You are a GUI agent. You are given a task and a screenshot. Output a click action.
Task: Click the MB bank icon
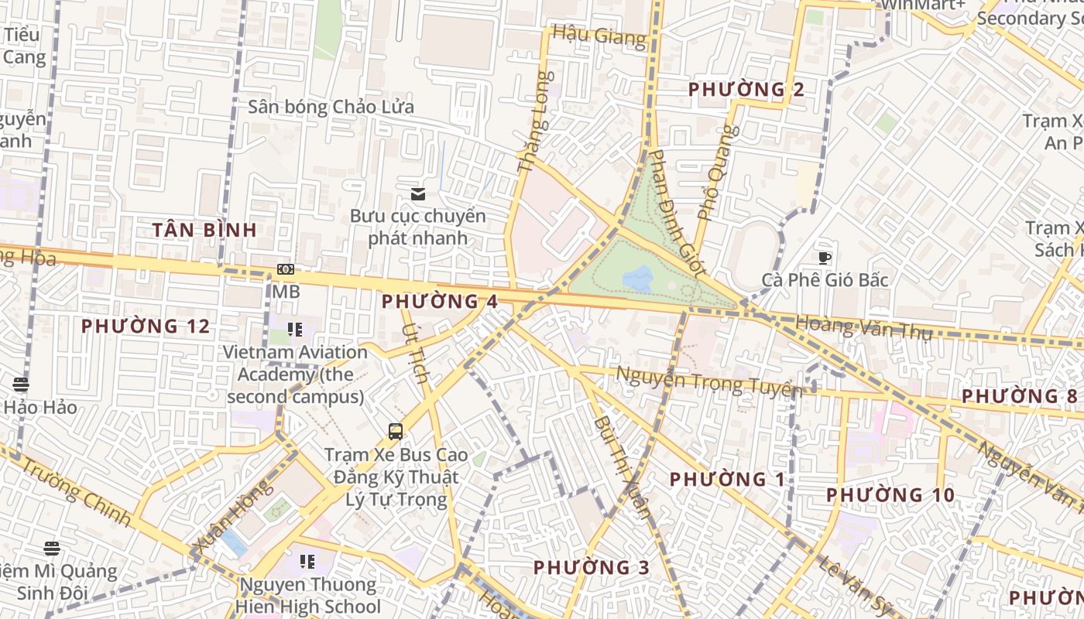(286, 269)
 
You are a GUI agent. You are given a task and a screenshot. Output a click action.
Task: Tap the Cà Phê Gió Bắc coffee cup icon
(825, 258)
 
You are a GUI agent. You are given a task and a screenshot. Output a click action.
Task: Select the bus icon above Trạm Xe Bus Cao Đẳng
(395, 432)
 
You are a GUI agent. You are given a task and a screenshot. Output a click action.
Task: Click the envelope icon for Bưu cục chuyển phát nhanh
(418, 193)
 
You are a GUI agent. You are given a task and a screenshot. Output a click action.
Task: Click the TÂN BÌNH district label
(204, 230)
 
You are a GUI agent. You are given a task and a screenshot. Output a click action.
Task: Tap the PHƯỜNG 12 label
(146, 326)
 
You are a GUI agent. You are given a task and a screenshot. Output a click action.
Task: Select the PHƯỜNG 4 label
(440, 301)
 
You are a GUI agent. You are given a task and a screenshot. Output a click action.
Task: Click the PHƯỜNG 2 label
(746, 89)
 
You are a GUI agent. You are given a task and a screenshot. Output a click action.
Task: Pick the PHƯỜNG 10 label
(890, 494)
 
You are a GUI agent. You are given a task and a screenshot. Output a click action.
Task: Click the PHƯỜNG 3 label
(592, 567)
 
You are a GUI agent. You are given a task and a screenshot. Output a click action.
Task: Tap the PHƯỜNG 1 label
(727, 479)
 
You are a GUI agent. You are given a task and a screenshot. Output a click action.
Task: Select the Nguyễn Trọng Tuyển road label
(708, 381)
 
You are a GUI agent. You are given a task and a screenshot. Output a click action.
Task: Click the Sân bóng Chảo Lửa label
(331, 107)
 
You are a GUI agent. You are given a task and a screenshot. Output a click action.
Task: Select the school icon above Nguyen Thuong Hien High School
(307, 561)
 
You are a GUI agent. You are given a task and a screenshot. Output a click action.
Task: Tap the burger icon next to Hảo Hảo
(21, 384)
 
